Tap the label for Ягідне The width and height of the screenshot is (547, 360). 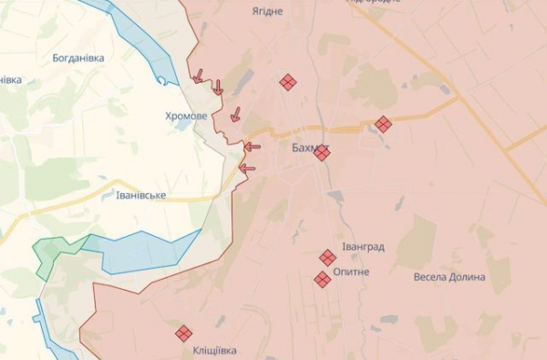tap(267, 12)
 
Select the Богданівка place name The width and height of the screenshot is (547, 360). tap(78, 57)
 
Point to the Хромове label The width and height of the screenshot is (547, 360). tap(186, 116)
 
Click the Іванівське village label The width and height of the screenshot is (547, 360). tap(141, 195)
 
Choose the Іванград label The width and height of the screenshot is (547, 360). tap(363, 246)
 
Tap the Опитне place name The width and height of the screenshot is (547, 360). tap(351, 272)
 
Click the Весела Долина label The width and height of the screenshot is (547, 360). tap(449, 276)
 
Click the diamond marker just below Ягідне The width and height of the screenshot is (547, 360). tap(287, 82)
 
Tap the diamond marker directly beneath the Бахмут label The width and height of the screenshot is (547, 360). tap(322, 153)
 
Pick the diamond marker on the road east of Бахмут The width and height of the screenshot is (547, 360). tap(383, 124)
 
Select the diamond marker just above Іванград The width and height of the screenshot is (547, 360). tap(327, 258)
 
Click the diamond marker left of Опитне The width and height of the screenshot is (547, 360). tap(322, 279)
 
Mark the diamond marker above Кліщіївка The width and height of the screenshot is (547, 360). tap(183, 334)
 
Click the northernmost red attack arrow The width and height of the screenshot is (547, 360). tap(198, 77)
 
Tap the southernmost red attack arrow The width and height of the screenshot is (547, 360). tap(246, 168)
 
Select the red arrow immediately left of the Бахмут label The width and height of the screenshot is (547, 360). tap(252, 147)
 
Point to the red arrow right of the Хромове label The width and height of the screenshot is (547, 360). tap(235, 115)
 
